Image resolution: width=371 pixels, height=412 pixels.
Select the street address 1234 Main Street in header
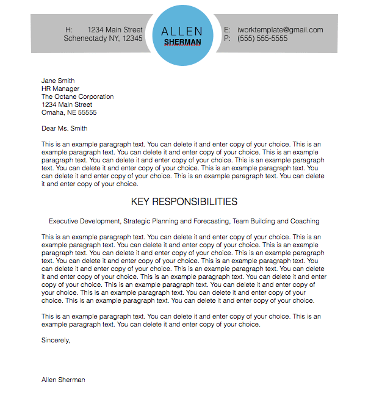tap(115, 29)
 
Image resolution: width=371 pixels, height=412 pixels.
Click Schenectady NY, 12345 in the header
tap(103, 38)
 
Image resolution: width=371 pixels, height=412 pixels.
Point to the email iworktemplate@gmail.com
tap(280, 29)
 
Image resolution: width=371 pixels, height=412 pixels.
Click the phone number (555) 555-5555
tap(262, 38)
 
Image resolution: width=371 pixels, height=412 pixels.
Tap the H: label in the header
tap(69, 29)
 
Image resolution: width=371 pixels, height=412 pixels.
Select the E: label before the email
tap(227, 29)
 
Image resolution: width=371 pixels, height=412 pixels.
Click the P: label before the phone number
tap(227, 38)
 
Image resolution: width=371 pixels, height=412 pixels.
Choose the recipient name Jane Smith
tap(58, 81)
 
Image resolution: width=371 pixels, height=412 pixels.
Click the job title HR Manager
tap(60, 89)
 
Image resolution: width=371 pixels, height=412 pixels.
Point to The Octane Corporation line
tap(77, 96)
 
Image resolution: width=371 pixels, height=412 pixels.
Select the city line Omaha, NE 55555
tap(69, 112)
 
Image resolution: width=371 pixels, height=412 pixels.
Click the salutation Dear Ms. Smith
tap(64, 128)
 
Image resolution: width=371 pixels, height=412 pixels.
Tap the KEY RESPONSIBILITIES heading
tap(184, 201)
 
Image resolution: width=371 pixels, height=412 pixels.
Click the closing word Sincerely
tap(56, 340)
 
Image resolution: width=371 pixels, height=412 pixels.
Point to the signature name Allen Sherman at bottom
tap(63, 380)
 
